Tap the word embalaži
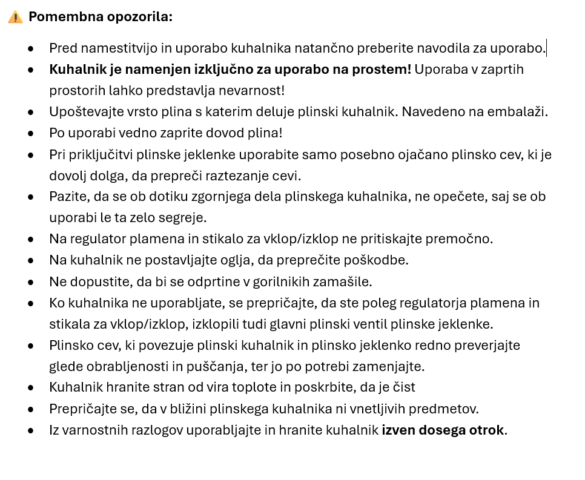pyautogui.click(x=520, y=112)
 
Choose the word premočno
pyautogui.click(x=461, y=239)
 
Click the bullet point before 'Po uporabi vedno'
pyautogui.click(x=31, y=133)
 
